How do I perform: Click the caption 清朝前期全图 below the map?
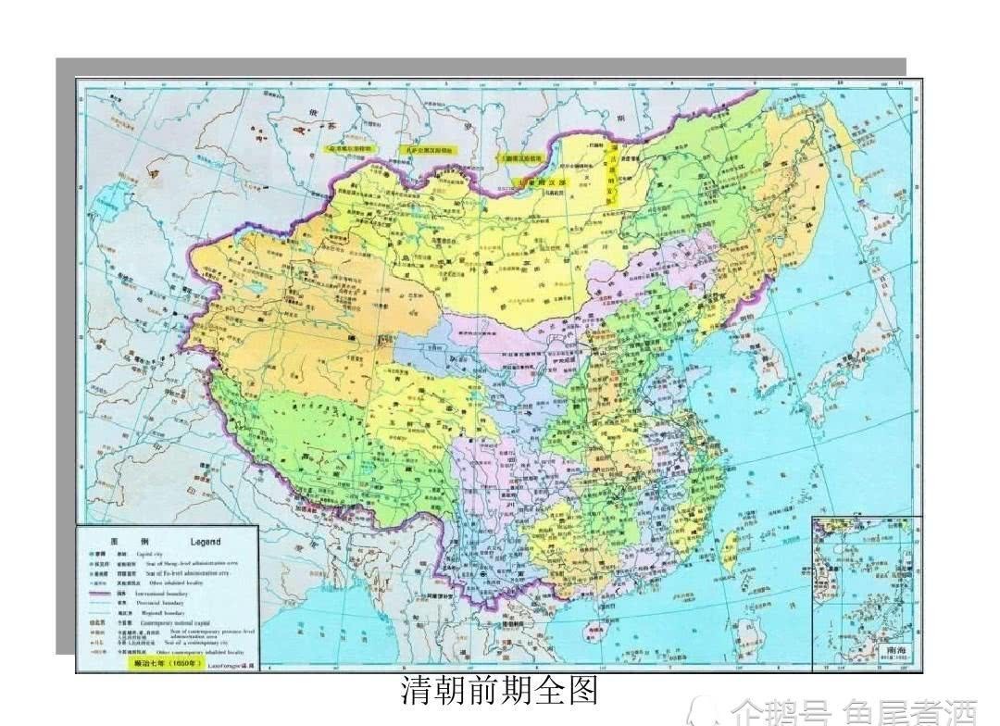pos(500,691)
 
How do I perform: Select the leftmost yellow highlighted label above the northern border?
pos(349,148)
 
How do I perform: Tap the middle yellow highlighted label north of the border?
pos(429,149)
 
